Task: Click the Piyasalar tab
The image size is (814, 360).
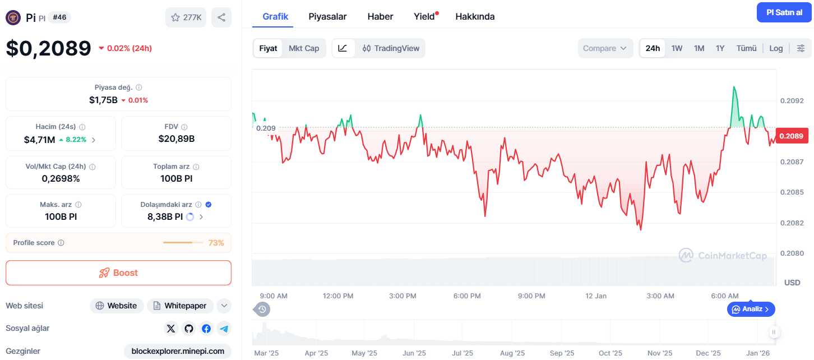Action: (x=327, y=16)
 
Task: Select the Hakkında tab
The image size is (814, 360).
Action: (x=475, y=16)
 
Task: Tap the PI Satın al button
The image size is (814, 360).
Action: (x=784, y=12)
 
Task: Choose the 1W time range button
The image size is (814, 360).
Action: (x=677, y=48)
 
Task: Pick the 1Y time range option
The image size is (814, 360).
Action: (x=720, y=48)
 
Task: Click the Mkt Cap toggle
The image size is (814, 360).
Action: (x=304, y=48)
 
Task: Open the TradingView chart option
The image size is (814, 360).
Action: (x=391, y=48)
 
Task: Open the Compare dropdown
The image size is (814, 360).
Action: (x=605, y=48)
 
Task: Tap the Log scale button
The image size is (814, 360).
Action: (x=776, y=48)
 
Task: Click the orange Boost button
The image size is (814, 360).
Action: (x=118, y=273)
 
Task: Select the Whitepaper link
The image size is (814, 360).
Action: (x=181, y=306)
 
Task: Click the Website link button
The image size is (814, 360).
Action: (x=117, y=306)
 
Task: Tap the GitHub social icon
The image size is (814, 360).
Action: (x=188, y=329)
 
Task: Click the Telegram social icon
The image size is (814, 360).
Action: (x=224, y=329)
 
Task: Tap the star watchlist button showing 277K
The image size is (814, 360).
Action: (x=186, y=17)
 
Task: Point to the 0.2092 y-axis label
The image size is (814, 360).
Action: (x=792, y=101)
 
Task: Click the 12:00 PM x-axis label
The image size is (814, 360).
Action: (x=338, y=296)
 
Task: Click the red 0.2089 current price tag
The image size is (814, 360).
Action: (x=792, y=136)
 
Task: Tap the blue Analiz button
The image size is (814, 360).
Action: (x=751, y=309)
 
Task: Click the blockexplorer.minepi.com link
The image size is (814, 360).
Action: (x=178, y=351)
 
